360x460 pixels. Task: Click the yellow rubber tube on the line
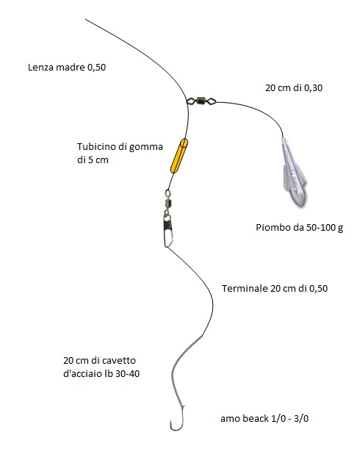click(179, 156)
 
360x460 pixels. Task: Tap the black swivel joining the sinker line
click(201, 101)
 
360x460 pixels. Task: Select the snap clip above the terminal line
click(168, 231)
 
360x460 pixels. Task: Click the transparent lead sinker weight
click(293, 173)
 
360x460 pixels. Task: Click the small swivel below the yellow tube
click(168, 201)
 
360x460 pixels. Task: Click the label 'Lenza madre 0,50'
click(67, 67)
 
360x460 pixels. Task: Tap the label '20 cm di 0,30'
click(294, 87)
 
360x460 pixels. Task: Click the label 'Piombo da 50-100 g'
click(299, 228)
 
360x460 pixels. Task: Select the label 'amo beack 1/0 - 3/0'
click(264, 419)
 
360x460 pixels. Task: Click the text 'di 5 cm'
click(93, 160)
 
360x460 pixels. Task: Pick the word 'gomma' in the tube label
click(145, 147)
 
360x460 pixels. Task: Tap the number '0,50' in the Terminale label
click(318, 288)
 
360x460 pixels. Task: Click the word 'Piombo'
click(271, 228)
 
